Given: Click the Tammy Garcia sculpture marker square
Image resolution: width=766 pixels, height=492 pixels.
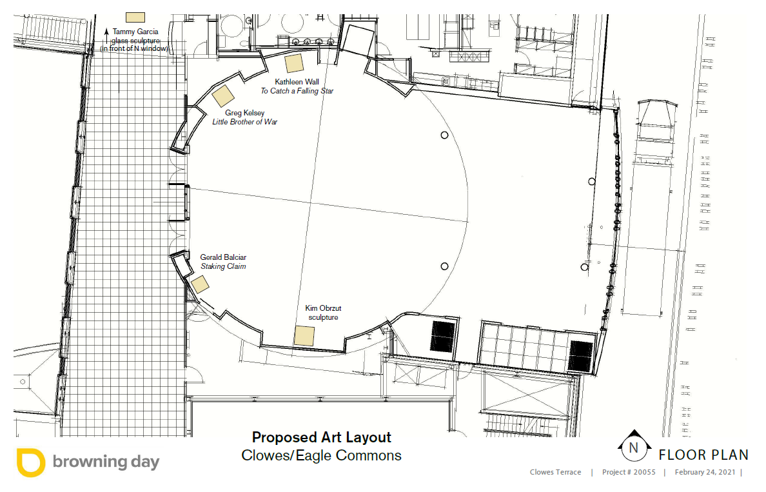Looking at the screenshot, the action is tap(135, 17).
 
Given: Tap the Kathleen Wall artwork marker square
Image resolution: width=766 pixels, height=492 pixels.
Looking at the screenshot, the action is tap(294, 64).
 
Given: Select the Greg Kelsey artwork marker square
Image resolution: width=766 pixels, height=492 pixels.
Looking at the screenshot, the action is tap(222, 96).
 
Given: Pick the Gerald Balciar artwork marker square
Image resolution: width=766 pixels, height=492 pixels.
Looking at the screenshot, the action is tap(200, 284).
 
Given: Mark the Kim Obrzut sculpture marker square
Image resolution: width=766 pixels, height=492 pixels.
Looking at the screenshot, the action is tap(304, 336).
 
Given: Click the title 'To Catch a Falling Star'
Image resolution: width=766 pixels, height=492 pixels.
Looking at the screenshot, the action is tap(297, 91).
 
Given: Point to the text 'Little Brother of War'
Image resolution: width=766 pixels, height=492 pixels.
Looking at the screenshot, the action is tap(245, 122).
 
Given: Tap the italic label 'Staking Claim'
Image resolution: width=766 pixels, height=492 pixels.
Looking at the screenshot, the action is tap(223, 266).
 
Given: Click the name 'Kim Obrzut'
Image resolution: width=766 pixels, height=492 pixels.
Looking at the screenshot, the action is tap(323, 308).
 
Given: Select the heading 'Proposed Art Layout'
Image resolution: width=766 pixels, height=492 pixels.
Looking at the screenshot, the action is tap(322, 437).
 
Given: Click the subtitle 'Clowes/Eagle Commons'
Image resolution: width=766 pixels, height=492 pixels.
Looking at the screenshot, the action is tap(322, 455).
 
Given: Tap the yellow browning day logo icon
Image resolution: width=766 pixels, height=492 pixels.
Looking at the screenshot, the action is tap(31, 462).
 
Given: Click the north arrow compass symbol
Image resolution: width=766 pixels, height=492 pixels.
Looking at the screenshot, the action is tap(634, 446).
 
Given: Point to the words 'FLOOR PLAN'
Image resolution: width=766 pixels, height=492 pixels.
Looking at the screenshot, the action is tap(703, 455).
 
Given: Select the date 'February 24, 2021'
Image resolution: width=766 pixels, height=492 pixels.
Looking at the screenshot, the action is tap(705, 472).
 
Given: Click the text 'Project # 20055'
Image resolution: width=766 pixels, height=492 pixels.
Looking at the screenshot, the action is tap(629, 472).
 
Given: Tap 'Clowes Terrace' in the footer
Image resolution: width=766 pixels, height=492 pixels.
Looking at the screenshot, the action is tap(555, 472).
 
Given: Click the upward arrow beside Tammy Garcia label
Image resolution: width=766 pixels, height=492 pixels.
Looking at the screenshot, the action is tap(106, 36).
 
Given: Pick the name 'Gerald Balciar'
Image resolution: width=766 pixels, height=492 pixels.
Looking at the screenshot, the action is tap(223, 257).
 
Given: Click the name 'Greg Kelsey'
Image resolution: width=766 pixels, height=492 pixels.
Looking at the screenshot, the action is tap(245, 113).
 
